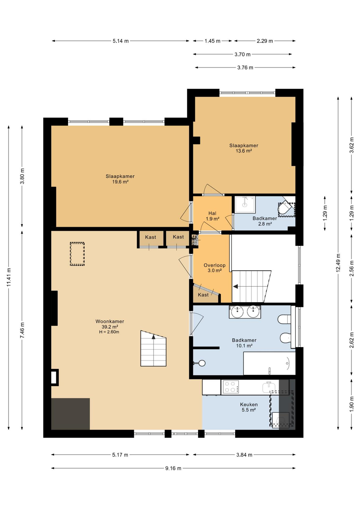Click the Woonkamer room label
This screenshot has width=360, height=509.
pos(110,321)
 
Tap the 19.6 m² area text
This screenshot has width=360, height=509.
pos(120,182)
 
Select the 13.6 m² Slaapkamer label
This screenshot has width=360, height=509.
pos(244,148)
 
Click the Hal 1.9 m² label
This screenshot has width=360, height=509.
pos(212,216)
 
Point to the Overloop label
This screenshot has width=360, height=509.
pos(214,265)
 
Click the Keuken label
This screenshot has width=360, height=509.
pos(249,404)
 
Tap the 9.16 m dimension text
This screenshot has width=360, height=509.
pos(173,468)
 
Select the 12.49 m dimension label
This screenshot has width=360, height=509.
pos(338,263)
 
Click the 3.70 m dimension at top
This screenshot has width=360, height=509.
pos(242,54)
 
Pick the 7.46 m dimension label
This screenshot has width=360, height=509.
pos(22,330)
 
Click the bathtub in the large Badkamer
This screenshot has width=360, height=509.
pos(269,364)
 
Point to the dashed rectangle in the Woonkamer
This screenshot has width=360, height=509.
pos(77,254)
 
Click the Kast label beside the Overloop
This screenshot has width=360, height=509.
pos(203,295)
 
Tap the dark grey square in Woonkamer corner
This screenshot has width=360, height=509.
pos(70,414)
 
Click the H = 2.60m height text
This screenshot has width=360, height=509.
pos(109,332)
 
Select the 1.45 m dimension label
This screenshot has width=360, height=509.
pos(212,41)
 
